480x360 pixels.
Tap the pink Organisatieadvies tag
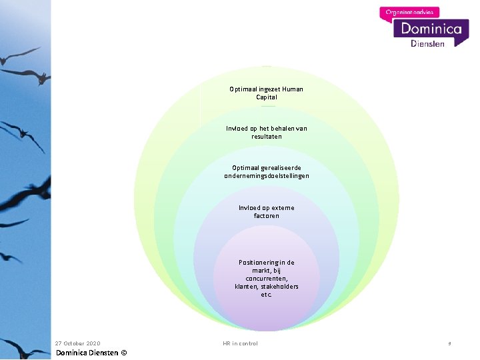coord(409,11)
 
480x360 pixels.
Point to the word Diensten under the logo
coord(427,43)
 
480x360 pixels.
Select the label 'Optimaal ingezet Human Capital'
coord(266,93)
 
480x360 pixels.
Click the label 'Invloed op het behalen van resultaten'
coord(266,132)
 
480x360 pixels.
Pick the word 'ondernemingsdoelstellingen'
coord(266,176)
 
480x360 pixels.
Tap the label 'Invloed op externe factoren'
coord(266,211)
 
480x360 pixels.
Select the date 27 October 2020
coord(77,343)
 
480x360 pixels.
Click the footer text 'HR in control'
coord(240,343)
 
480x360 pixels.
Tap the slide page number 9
coord(449,344)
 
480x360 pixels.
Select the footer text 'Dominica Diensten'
coord(87,353)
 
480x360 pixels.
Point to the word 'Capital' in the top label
coord(266,97)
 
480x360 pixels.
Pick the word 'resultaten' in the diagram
coord(266,137)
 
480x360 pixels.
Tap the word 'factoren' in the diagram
coord(266,216)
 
